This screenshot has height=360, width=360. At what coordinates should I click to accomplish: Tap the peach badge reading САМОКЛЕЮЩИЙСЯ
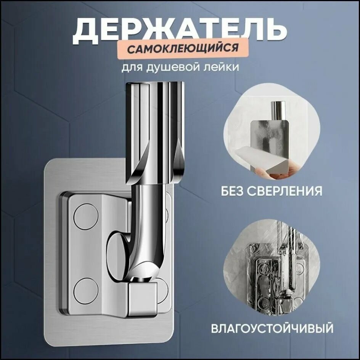(x=182, y=49)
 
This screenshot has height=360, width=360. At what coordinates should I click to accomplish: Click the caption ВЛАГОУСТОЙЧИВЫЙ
(x=272, y=328)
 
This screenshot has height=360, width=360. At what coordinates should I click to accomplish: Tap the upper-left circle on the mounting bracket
(x=86, y=216)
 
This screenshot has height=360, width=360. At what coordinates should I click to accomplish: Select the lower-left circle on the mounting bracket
(x=86, y=291)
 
